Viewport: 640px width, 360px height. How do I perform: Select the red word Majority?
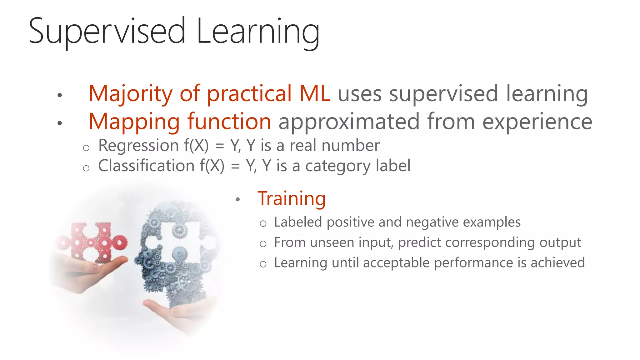[130, 94]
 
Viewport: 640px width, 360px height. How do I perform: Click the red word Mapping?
[134, 122]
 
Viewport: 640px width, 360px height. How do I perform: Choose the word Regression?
[138, 146]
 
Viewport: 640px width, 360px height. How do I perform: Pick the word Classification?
[146, 166]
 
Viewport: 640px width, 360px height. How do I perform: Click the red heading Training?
[291, 199]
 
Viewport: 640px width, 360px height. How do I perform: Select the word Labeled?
[298, 222]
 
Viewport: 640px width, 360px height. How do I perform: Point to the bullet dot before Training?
[238, 199]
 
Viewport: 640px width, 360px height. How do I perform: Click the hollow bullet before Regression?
[86, 148]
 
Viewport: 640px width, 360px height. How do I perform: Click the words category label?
[357, 166]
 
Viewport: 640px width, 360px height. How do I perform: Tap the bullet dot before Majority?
[60, 95]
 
